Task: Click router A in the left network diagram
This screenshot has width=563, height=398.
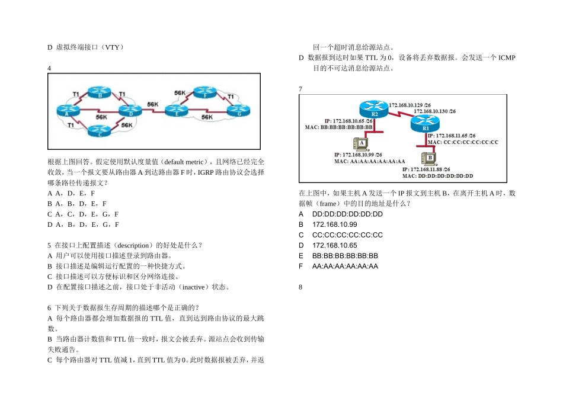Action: click(64, 110)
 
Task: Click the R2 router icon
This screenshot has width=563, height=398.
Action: click(374, 110)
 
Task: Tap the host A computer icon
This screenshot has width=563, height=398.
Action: click(361, 143)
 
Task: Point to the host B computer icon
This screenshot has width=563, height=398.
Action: click(428, 158)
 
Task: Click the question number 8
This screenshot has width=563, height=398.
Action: click(301, 287)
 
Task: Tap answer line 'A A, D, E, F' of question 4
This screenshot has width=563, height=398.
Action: click(71, 193)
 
